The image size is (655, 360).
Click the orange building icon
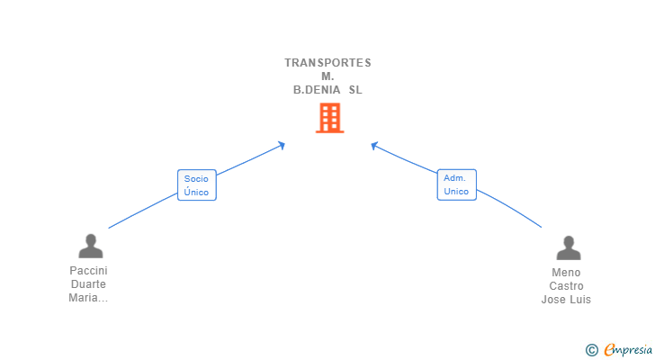(329, 118)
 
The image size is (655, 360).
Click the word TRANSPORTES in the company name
(327, 63)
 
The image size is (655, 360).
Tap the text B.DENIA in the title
(315, 90)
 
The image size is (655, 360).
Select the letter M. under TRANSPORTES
(327, 76)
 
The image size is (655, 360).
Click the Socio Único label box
(196, 185)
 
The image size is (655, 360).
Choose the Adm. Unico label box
(456, 184)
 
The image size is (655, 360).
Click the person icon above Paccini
(90, 246)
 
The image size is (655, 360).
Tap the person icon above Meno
(568, 247)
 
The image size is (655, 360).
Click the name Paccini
(88, 270)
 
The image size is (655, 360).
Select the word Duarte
(88, 284)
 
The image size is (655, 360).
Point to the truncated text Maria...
(88, 299)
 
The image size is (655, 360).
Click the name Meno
(567, 273)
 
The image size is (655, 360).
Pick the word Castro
(567, 286)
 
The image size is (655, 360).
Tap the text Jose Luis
(567, 300)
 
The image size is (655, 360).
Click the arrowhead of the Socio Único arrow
(283, 144)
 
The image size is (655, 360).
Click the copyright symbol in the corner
(591, 349)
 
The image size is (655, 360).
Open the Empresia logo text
(628, 349)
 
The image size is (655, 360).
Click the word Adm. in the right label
(453, 178)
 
